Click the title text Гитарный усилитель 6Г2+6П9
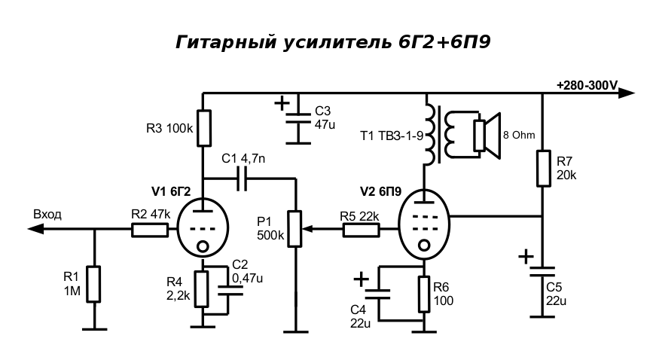click(x=334, y=41)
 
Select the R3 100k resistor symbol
click(x=204, y=128)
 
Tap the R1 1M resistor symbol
click(x=93, y=284)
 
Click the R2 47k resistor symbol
click(x=150, y=230)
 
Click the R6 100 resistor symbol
click(x=424, y=294)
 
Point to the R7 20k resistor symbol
click(x=543, y=168)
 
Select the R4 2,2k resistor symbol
click(x=202, y=288)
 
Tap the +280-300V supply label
click(x=586, y=84)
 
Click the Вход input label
click(x=47, y=215)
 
